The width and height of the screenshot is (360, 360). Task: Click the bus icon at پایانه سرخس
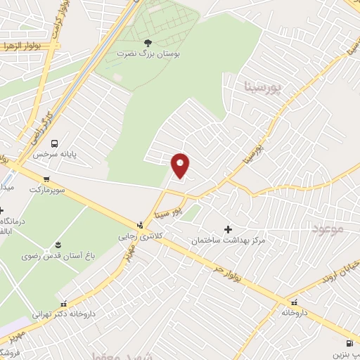click(x=65, y=141)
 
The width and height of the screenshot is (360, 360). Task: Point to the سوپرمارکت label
click(x=46, y=190)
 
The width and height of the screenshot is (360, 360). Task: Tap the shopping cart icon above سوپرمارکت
click(x=46, y=179)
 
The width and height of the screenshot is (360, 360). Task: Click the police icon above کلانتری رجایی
click(x=141, y=226)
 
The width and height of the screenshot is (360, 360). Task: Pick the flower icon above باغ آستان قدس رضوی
click(x=58, y=244)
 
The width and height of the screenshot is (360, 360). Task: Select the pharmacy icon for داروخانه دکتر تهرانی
click(x=64, y=304)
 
